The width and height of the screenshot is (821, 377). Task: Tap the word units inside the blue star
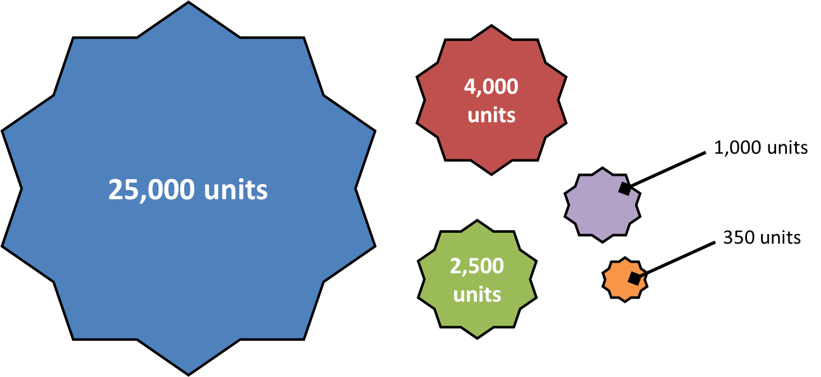(x=236, y=189)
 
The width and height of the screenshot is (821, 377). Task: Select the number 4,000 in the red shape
(x=491, y=87)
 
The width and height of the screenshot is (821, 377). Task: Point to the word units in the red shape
(x=491, y=114)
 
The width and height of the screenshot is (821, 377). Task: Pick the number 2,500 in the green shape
(x=477, y=266)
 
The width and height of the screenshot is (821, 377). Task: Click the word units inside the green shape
(x=477, y=294)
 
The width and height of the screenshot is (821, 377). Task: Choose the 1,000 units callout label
(x=761, y=147)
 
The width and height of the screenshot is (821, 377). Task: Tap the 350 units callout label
(x=762, y=237)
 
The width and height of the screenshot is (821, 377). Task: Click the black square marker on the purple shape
(x=626, y=188)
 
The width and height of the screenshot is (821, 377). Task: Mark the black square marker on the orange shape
(x=635, y=278)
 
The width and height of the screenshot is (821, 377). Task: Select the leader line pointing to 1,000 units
(x=665, y=170)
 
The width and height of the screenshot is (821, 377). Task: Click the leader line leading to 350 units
(x=675, y=260)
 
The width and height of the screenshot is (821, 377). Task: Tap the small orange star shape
(x=624, y=280)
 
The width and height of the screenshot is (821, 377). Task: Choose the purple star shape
(x=602, y=205)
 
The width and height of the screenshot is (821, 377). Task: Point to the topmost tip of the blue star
(x=188, y=2)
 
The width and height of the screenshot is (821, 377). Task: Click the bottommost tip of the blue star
(x=188, y=376)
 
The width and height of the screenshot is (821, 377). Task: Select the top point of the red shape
(x=491, y=25)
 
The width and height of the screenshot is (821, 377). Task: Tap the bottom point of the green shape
(x=477, y=338)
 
